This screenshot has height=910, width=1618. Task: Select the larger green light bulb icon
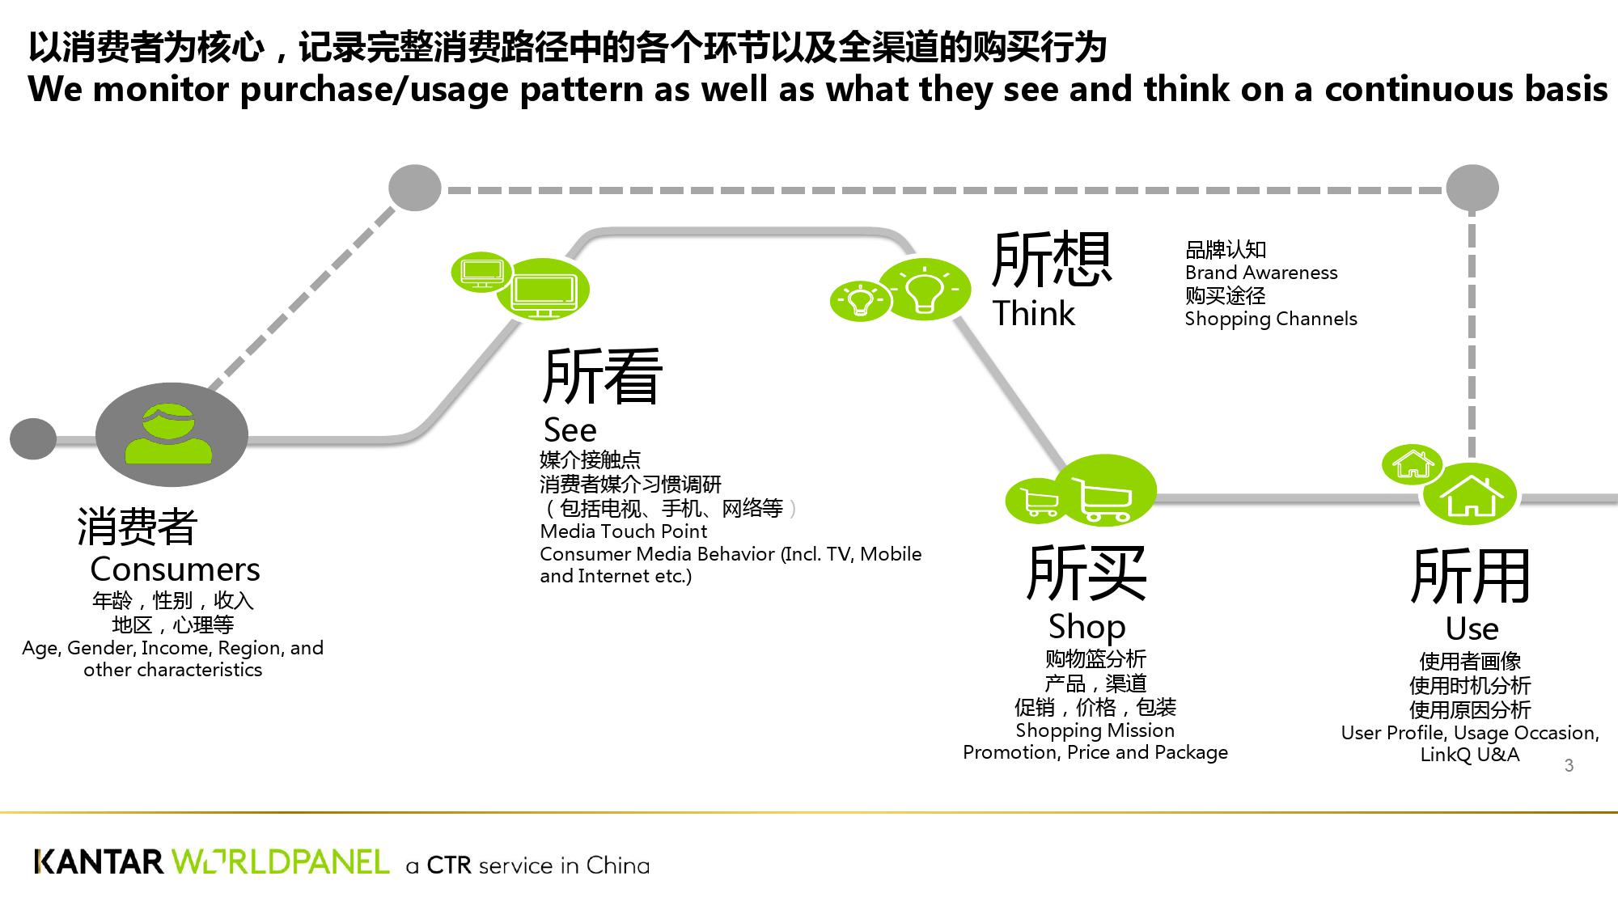coord(925,289)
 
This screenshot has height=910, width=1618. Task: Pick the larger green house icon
coord(1469,494)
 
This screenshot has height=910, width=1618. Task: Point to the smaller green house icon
coord(1412,464)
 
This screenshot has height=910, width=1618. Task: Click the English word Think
coord(1034,314)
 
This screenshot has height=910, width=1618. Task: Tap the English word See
coord(570,430)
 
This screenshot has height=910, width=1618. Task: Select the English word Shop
coord(1086,627)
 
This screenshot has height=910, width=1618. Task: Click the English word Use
coord(1472,629)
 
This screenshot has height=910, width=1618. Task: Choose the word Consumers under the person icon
coord(175,569)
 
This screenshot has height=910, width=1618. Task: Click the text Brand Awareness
coord(1260,273)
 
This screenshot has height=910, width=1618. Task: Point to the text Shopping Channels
coord(1270,319)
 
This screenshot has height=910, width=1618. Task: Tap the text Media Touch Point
coord(623,531)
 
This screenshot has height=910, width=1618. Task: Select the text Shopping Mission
coord(1095,730)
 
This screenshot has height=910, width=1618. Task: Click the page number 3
coord(1569,765)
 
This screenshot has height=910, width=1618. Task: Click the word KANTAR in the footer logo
coord(99,862)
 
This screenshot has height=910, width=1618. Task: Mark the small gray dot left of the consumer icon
coord(33,439)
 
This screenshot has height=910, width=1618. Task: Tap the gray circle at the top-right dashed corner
coord(1472,188)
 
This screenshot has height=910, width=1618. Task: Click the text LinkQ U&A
coord(1469,755)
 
